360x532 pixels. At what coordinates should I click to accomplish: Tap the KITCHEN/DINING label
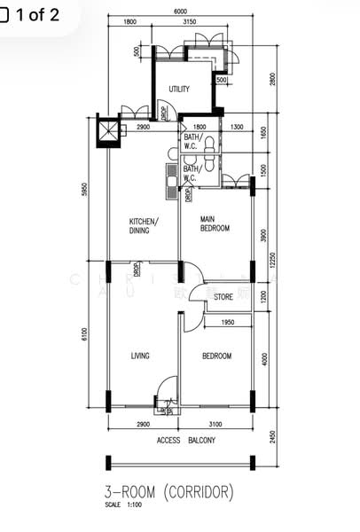point(144,225)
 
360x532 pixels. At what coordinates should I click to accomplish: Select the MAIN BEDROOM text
point(215,223)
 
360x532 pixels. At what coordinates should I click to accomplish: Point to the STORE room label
point(223,297)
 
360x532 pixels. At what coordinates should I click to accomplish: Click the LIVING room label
point(140,356)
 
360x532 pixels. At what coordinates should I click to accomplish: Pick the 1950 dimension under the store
point(227,322)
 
